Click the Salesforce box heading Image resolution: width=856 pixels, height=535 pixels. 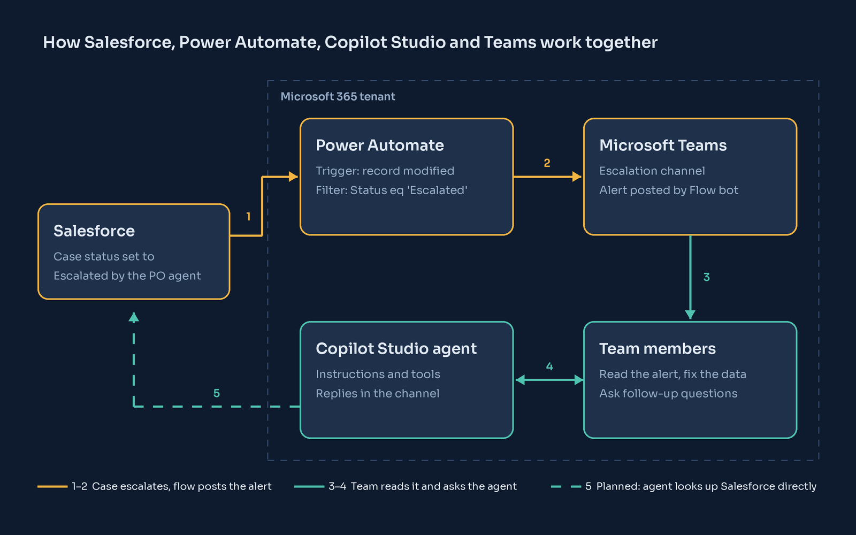(94, 231)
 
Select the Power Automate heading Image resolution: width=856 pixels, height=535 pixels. (380, 145)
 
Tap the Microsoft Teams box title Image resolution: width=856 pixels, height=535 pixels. (663, 145)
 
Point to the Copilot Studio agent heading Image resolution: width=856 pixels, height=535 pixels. (396, 349)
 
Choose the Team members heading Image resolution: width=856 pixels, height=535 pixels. (658, 348)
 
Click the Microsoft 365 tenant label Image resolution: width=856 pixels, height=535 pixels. (338, 96)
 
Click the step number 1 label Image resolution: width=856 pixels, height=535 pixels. (248, 217)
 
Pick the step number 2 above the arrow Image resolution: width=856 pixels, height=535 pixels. (547, 163)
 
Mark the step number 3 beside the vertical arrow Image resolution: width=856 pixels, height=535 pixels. (707, 277)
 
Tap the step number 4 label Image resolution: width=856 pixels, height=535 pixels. (549, 366)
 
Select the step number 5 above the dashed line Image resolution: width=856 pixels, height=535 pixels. (216, 393)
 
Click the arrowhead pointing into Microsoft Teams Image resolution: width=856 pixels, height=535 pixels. (577, 177)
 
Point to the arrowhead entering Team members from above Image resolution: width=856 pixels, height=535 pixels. (690, 315)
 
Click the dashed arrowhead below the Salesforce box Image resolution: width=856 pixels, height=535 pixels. (133, 318)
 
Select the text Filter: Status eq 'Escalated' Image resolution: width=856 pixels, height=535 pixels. (391, 190)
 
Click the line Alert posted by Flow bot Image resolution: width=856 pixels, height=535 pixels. (668, 190)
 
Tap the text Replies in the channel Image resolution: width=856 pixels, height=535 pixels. (378, 393)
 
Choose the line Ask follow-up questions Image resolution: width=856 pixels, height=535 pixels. (668, 393)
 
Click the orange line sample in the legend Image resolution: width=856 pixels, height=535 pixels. (52, 486)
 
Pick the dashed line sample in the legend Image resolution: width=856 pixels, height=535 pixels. (566, 486)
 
